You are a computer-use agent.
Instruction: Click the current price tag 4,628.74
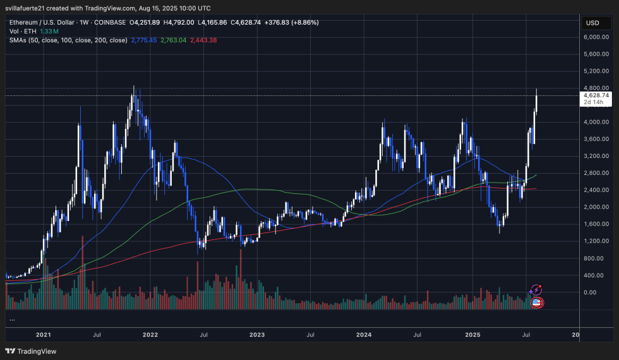pos(596,95)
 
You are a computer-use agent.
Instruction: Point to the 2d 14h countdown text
pos(594,102)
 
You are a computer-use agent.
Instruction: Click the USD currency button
pos(592,23)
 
